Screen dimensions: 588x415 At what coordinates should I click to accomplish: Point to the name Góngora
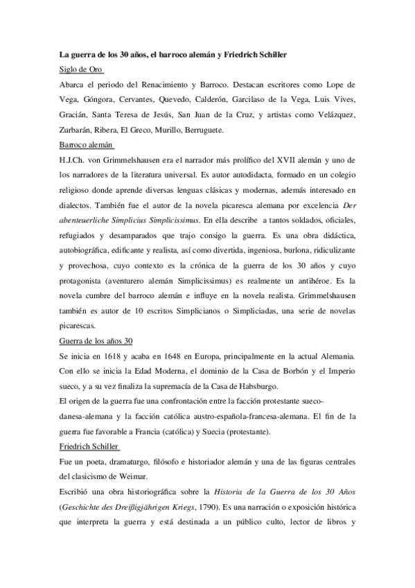[105, 99]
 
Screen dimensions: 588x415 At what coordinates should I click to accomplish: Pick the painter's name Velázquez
[335, 115]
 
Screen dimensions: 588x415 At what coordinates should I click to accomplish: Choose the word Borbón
[290, 372]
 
